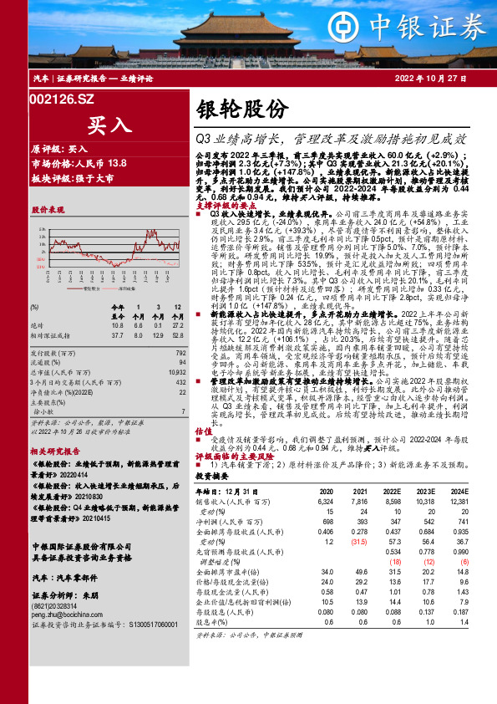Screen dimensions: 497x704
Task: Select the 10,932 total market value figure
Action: (x=177, y=347)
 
